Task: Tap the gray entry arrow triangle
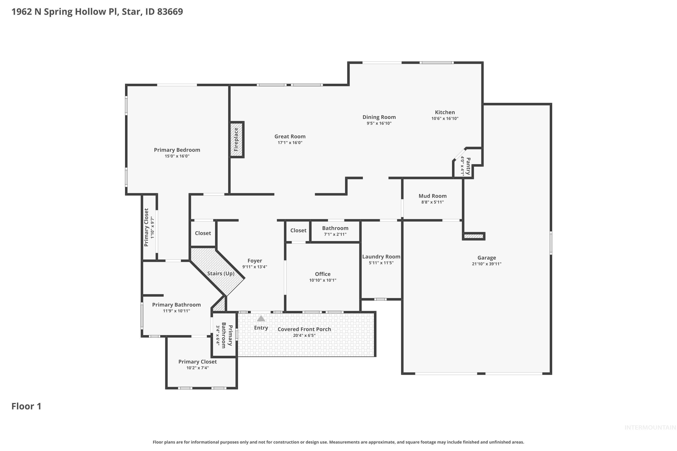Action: (261, 318)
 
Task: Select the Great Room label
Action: (290, 137)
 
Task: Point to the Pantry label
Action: (468, 166)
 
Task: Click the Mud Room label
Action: (432, 196)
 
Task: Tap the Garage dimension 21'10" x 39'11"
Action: (487, 264)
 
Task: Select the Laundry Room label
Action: (381, 257)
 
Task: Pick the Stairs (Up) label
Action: (221, 273)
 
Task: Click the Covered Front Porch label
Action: (304, 329)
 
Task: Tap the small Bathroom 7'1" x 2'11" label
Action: (335, 228)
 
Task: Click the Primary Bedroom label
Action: (177, 150)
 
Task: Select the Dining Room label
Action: (379, 117)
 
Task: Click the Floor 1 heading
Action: (26, 406)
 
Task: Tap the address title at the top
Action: (97, 12)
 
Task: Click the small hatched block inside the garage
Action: (473, 236)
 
